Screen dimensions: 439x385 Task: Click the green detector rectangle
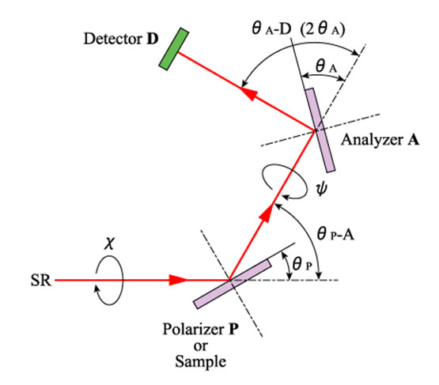click(x=174, y=49)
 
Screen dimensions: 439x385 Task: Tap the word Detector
click(x=113, y=39)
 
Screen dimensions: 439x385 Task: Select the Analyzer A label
click(x=380, y=139)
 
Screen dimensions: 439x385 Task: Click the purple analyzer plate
click(x=320, y=130)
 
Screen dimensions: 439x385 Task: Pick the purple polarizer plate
click(x=233, y=284)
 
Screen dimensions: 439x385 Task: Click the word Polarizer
click(x=193, y=330)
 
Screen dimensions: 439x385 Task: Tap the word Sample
click(x=200, y=361)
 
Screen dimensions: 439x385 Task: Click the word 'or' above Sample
click(x=200, y=346)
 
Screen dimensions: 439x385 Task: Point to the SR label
click(x=41, y=280)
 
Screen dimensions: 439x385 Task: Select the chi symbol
click(x=109, y=243)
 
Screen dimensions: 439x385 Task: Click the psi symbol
click(x=322, y=189)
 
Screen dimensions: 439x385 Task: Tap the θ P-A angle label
click(x=335, y=233)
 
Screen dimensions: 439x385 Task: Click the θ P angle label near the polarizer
click(x=302, y=264)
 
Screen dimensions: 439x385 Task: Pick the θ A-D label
click(x=271, y=28)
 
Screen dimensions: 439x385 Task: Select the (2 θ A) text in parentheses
click(x=323, y=29)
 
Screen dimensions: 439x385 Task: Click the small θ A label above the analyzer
click(x=326, y=66)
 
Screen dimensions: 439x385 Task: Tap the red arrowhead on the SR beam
click(x=178, y=280)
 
